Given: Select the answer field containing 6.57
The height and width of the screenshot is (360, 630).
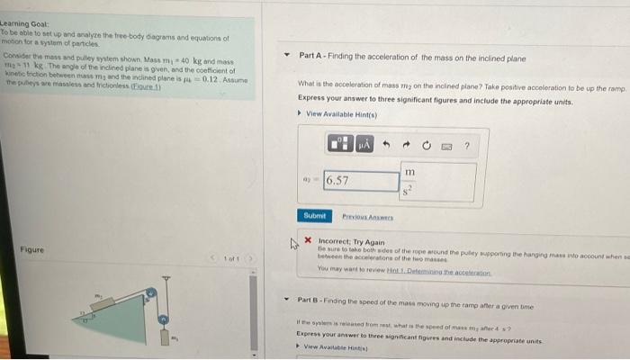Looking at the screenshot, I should [x=361, y=180].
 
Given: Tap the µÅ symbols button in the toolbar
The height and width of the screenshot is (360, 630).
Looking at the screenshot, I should [x=364, y=144].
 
